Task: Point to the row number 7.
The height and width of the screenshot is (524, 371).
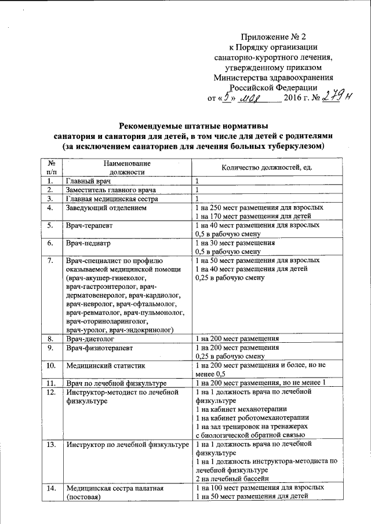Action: (50, 261)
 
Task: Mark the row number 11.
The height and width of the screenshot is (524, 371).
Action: (51, 383)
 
